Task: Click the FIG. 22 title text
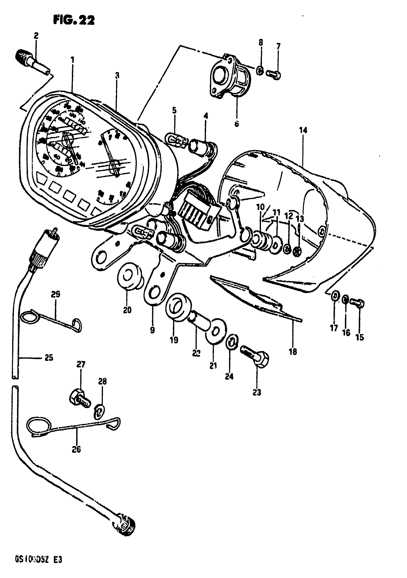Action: click(x=74, y=20)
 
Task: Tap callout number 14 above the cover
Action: click(x=303, y=130)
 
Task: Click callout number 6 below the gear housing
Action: click(x=237, y=124)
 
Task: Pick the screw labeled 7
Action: click(x=274, y=74)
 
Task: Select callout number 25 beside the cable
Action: click(x=49, y=358)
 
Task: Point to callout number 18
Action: click(x=293, y=351)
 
